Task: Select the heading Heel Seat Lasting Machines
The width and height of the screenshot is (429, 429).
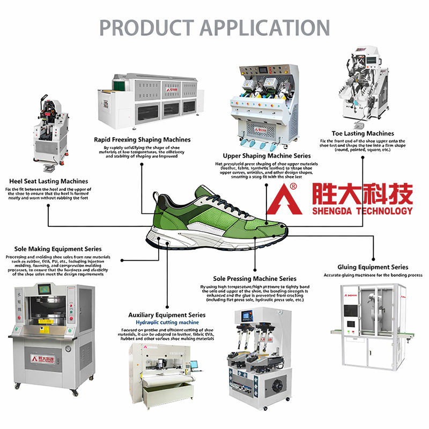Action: click(x=48, y=181)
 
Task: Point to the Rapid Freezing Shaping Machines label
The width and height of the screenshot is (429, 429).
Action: click(x=142, y=139)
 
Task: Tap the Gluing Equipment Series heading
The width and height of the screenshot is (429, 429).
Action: click(x=373, y=267)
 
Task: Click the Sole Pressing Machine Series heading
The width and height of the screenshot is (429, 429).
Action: click(x=254, y=278)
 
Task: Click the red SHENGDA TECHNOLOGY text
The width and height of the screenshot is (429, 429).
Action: click(x=363, y=211)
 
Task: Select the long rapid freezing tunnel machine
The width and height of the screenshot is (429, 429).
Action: click(x=147, y=99)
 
